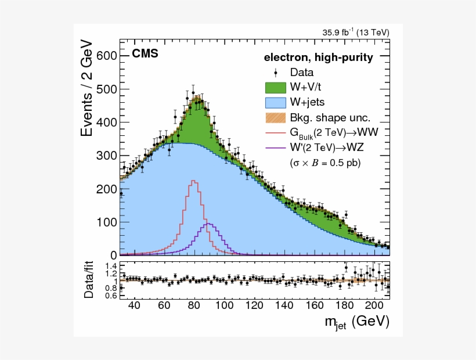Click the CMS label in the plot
pos(145,54)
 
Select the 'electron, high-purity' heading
pos(319,57)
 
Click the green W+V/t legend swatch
pos(276,88)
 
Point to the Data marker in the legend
pos(276,73)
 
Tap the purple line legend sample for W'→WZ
pos(276,149)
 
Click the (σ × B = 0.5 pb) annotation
pos(325,164)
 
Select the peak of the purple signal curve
pos(208,224)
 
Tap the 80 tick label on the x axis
pos(194,305)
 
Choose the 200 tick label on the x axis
pos(374,305)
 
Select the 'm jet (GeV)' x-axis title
pos(356,322)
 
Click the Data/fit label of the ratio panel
pos(88,280)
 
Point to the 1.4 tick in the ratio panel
pos(110,266)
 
